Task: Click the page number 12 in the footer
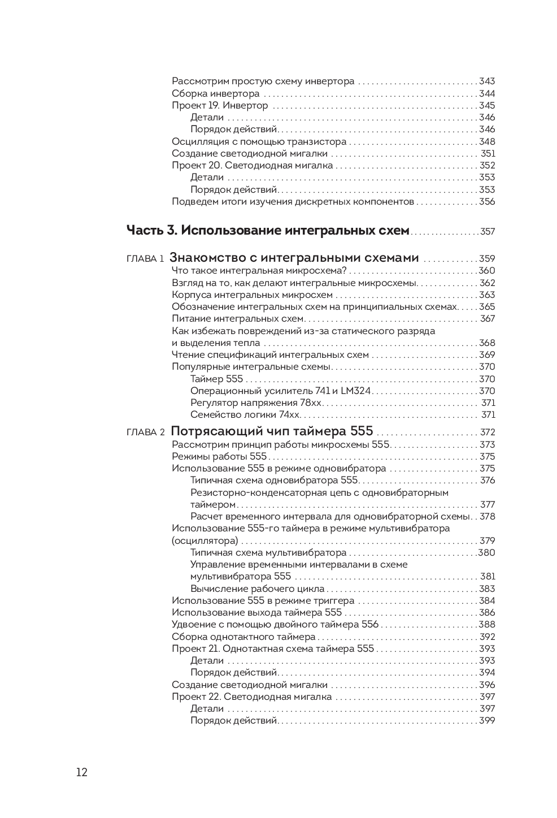82,773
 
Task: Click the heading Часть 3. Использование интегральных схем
267,231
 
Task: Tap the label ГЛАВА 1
145,259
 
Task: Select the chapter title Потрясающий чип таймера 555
271,431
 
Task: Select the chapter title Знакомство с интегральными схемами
294,258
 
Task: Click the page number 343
486,81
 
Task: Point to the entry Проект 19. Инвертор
220,106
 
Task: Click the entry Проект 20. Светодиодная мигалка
252,166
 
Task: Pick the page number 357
487,232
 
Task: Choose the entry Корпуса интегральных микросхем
252,295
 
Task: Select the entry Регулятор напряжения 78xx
256,403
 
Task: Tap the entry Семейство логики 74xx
245,415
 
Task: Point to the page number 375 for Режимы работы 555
487,457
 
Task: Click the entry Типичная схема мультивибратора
268,553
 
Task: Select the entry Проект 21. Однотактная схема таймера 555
273,649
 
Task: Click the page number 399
487,721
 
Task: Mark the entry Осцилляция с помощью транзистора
259,142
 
